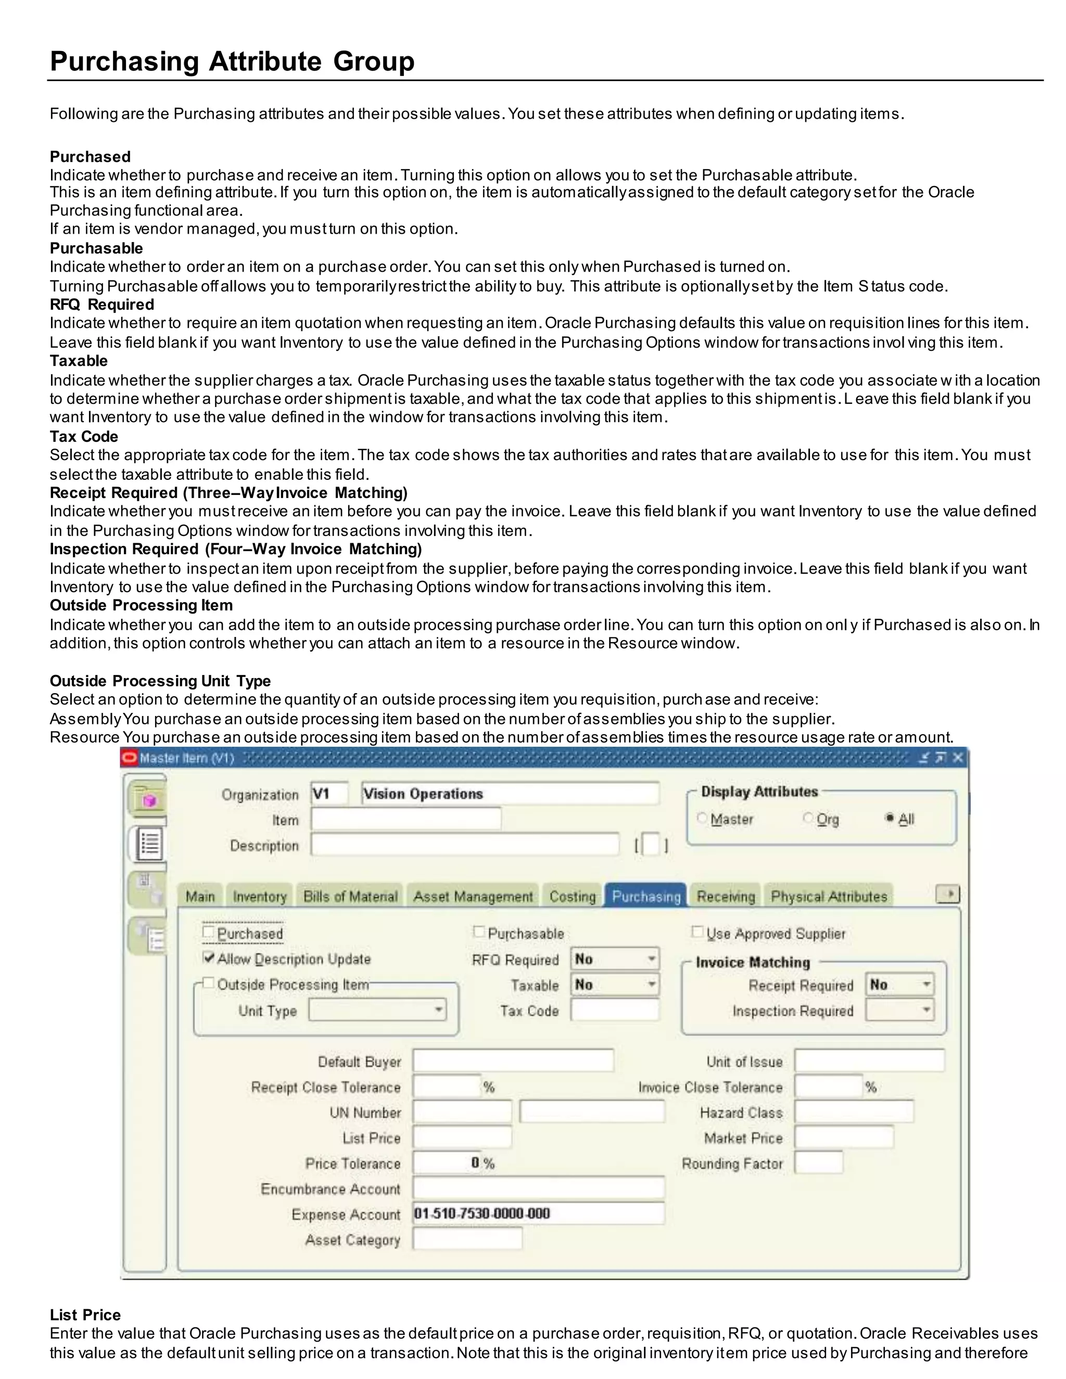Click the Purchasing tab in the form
pos(645,897)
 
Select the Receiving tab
pos(726,897)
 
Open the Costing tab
pos(572,897)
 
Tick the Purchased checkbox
pos(208,932)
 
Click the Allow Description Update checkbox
pos(208,958)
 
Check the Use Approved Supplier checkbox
pos(697,932)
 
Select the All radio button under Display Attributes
pos(890,819)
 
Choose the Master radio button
pos(702,819)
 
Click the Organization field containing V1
pos(328,794)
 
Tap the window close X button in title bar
pos(958,758)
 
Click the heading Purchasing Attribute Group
pos(232,61)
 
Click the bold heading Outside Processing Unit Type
pos(160,681)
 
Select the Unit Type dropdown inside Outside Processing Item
pos(377,1010)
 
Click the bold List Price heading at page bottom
pos(85,1314)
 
